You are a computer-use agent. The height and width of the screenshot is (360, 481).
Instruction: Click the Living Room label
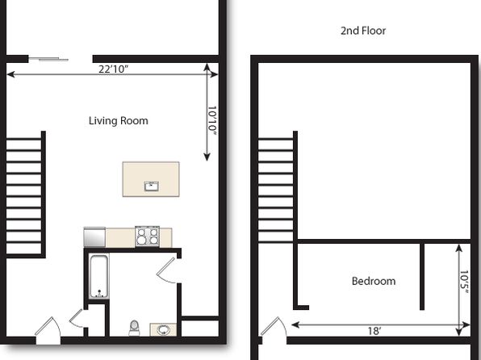tap(119, 120)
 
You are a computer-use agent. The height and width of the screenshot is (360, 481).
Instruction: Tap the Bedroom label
tap(374, 281)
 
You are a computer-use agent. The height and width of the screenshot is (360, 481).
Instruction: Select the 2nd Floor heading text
tap(363, 31)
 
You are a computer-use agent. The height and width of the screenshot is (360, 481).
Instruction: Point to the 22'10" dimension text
tap(113, 69)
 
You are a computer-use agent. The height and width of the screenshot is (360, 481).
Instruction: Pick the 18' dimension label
tap(374, 331)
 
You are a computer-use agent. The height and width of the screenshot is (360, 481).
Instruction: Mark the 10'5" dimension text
tap(464, 282)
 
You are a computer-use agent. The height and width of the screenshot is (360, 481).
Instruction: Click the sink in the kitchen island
tap(151, 186)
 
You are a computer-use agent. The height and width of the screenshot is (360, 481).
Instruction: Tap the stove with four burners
tap(147, 237)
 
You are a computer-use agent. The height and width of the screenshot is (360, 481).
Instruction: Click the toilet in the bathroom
tap(134, 328)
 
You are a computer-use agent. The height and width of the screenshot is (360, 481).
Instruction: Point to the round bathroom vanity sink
tap(163, 330)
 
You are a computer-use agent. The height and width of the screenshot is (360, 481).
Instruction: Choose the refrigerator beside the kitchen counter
tap(94, 237)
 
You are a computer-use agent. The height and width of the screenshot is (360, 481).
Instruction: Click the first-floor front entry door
tap(48, 329)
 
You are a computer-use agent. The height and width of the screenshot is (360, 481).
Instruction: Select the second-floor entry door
tap(274, 329)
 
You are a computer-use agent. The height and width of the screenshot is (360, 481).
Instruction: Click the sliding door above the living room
tap(48, 59)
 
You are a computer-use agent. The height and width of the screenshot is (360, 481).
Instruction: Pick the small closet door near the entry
tap(77, 318)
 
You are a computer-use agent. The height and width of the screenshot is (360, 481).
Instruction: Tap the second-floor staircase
tap(278, 187)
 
